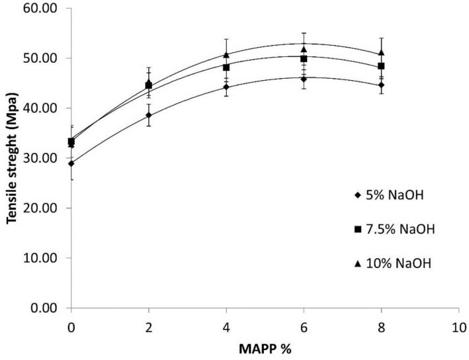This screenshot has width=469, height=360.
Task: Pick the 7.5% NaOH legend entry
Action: tap(394, 229)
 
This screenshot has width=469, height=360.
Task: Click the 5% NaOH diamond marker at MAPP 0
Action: tap(71, 163)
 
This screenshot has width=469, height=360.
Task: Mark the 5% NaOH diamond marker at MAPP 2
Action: tap(149, 115)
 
